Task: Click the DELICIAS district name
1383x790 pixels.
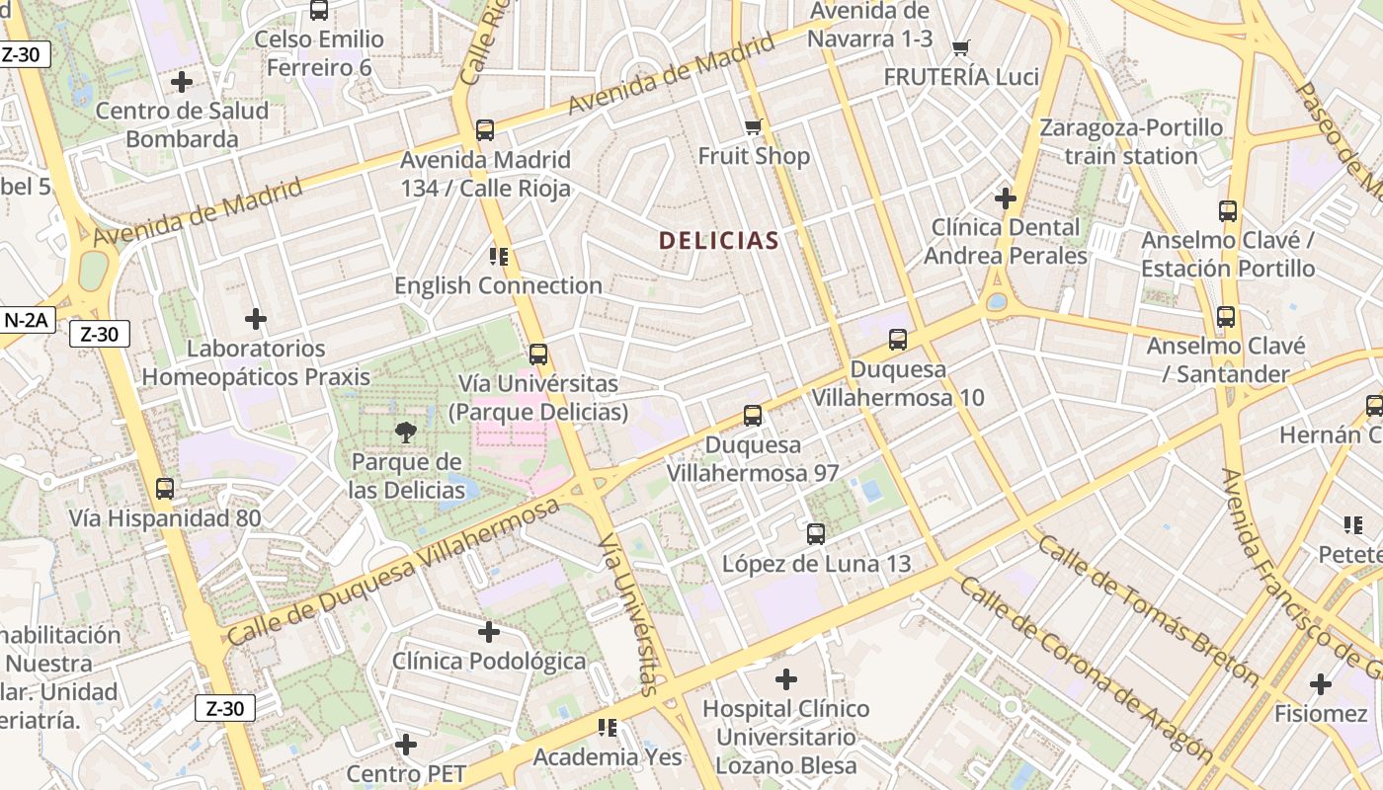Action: click(x=718, y=240)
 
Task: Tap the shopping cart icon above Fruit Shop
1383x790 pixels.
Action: click(x=753, y=126)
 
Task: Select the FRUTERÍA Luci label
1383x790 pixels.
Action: click(x=960, y=77)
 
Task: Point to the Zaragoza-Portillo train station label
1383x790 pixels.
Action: click(x=1131, y=141)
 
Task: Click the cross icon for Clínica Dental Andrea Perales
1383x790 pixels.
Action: click(x=1005, y=198)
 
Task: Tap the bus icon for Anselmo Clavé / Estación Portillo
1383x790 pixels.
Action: click(x=1227, y=210)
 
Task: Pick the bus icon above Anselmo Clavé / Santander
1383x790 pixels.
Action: click(x=1225, y=317)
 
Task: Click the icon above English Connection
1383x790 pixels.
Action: click(x=498, y=257)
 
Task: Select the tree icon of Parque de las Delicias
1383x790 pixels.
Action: click(x=404, y=432)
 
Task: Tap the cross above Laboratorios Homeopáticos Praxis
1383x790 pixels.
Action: click(x=256, y=319)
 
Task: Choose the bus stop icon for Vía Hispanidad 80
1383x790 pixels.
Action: click(x=164, y=488)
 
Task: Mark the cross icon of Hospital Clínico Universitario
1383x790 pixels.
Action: click(x=785, y=679)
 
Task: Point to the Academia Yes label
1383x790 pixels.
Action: click(x=608, y=757)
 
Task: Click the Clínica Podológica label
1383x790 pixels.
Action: click(x=489, y=661)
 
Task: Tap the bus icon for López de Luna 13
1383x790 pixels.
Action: click(x=815, y=534)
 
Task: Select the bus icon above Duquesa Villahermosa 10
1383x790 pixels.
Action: click(x=897, y=340)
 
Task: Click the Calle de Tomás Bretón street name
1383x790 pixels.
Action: click(x=1147, y=611)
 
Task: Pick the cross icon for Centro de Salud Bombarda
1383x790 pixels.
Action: click(x=182, y=81)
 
